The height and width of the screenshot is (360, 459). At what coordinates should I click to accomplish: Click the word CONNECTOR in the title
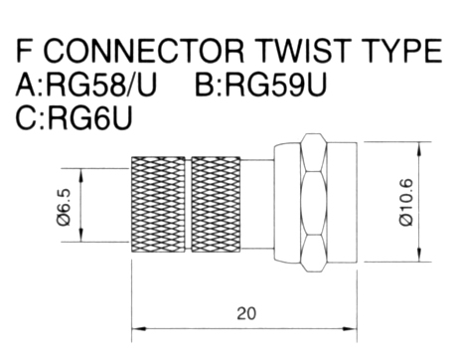click(143, 51)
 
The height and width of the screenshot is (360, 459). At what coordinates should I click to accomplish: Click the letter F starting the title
click(24, 51)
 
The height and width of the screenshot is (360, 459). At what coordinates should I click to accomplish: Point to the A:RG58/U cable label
click(85, 85)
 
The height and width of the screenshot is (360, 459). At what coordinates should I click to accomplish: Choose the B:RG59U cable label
click(261, 85)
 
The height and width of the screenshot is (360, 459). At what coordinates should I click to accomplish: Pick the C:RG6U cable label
click(74, 117)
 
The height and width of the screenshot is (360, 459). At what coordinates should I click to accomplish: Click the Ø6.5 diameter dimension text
click(64, 208)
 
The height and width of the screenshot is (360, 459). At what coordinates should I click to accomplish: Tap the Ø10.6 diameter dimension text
click(406, 202)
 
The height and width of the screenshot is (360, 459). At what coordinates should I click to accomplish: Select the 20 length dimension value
click(246, 313)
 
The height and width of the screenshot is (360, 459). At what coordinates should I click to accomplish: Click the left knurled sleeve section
click(158, 204)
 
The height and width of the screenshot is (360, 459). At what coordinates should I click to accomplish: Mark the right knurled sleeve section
click(216, 204)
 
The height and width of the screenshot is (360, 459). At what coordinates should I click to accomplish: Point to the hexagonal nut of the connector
click(313, 203)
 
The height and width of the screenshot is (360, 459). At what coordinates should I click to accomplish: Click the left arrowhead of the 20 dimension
click(138, 329)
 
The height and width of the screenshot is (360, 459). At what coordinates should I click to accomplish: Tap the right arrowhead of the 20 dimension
click(350, 329)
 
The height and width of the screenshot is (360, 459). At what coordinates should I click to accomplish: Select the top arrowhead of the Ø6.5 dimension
click(81, 175)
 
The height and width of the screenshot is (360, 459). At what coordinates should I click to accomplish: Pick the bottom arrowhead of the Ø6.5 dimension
click(81, 235)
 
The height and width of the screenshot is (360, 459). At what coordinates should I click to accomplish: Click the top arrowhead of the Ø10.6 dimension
click(419, 149)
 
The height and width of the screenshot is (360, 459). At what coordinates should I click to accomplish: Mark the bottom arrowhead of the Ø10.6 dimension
click(419, 255)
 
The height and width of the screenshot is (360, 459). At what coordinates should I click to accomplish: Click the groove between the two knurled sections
click(188, 204)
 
